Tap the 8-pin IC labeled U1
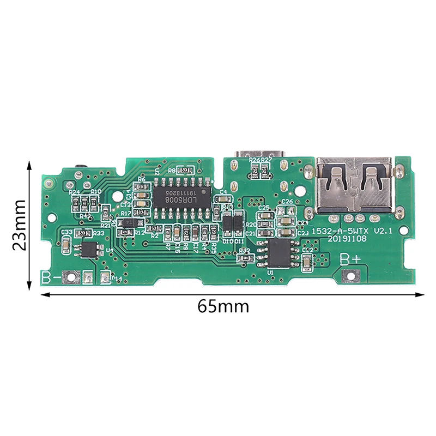point(278,252)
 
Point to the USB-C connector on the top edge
point(259,154)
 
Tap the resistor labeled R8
point(179,171)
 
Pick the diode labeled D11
point(238,222)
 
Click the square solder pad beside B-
point(70,277)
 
